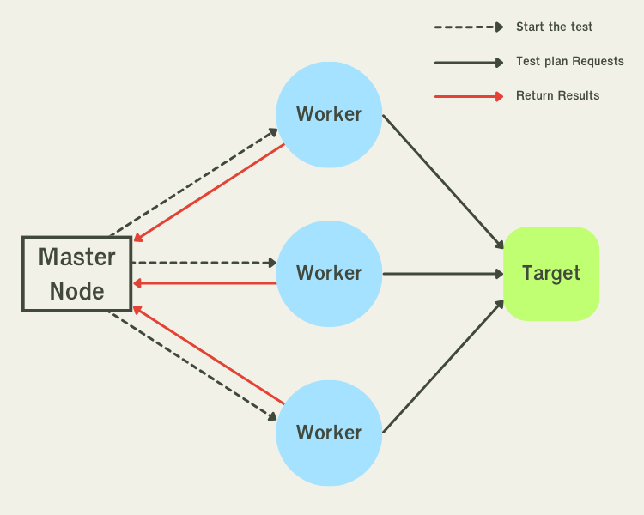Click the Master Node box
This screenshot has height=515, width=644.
[x=76, y=273]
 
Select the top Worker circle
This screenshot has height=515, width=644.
[x=329, y=114]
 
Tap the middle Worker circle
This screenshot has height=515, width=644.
[x=329, y=273]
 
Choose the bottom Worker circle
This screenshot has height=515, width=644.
[x=329, y=432]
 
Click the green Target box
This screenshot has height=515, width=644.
[x=551, y=273]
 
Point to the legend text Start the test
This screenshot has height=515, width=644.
[x=554, y=27]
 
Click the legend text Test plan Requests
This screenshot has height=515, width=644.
[x=569, y=61]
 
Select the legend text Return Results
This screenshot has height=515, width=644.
[x=557, y=95]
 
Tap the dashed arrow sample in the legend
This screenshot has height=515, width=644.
[x=468, y=27]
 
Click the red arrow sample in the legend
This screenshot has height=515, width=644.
[x=468, y=96]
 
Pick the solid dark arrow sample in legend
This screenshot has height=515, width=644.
[x=468, y=62]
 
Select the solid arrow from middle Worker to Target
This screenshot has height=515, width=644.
[x=442, y=274]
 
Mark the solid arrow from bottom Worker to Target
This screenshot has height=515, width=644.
[x=443, y=366]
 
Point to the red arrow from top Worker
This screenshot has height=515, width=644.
[x=209, y=193]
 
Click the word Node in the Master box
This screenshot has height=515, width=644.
[x=76, y=291]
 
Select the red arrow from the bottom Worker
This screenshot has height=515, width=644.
[x=209, y=354]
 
